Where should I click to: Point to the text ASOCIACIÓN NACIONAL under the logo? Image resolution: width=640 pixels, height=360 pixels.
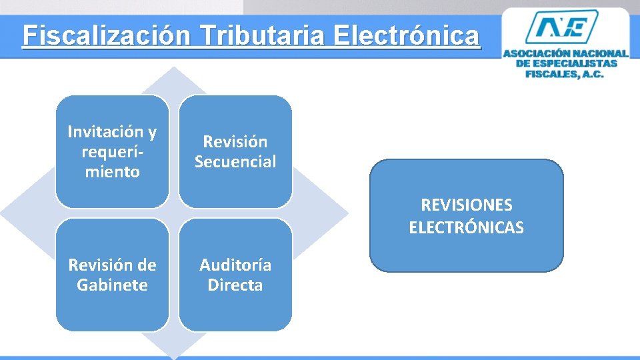click(x=565, y=53)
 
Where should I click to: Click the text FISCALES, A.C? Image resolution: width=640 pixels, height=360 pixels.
click(x=565, y=74)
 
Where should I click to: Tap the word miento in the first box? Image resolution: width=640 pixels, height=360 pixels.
click(x=111, y=172)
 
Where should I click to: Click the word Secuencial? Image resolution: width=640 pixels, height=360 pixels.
click(x=235, y=162)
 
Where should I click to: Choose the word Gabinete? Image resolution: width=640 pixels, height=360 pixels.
click(x=111, y=285)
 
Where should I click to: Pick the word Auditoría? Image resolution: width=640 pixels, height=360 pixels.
click(x=235, y=265)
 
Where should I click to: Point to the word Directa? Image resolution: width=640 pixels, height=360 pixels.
click(x=235, y=285)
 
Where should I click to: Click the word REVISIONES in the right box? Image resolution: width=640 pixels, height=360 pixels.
click(x=467, y=205)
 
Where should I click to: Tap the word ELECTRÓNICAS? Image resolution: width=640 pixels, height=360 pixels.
click(x=467, y=228)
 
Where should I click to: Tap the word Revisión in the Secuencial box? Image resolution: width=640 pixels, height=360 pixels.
click(x=235, y=142)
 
